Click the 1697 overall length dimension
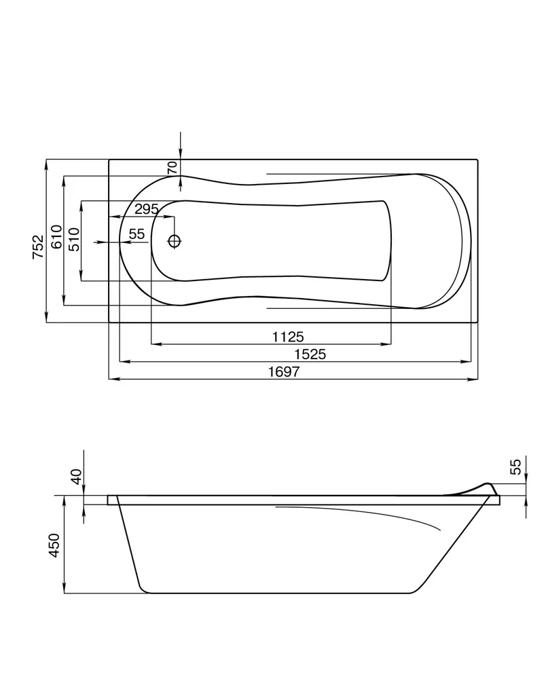pyautogui.click(x=284, y=371)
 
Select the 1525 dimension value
pyautogui.click(x=310, y=354)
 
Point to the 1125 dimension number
pyautogui.click(x=288, y=337)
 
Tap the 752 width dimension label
pyautogui.click(x=39, y=247)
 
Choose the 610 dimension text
pyautogui.click(x=57, y=236)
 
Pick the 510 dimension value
pyautogui.click(x=74, y=240)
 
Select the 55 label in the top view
pyautogui.click(x=136, y=234)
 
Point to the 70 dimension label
pyautogui.click(x=172, y=167)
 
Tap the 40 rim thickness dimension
pyautogui.click(x=77, y=477)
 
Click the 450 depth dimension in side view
pyautogui.click(x=54, y=546)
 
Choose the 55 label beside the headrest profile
pyautogui.click(x=515, y=467)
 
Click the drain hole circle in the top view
pyautogui.click(x=174, y=241)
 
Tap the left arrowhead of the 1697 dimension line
pyautogui.click(x=113, y=380)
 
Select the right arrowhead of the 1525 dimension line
pyautogui.click(x=466, y=361)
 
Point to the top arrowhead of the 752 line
pyautogui.click(x=46, y=165)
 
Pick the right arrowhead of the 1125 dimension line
pyautogui.click(x=386, y=344)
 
